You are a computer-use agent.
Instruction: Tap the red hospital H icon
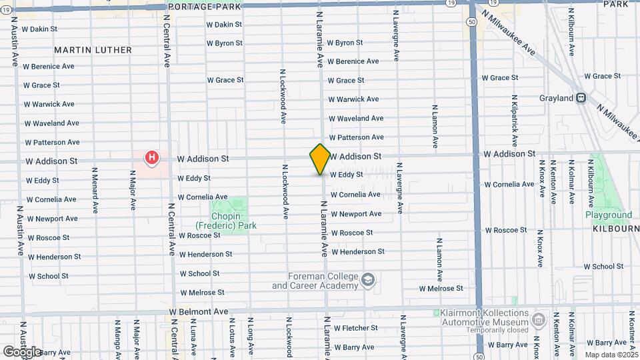click(152, 158)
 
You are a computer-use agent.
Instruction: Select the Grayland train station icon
click(581, 98)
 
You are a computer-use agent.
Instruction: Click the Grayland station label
click(557, 98)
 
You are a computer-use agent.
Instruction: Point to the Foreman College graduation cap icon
click(369, 281)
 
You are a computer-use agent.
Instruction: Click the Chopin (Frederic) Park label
click(225, 221)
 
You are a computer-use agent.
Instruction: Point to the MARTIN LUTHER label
click(93, 50)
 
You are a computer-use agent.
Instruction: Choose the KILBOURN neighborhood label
click(615, 228)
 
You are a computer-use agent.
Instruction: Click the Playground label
click(608, 215)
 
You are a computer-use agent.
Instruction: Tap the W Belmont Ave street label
click(199, 311)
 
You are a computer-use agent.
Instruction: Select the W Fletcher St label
click(356, 328)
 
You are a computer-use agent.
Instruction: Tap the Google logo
click(21, 351)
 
